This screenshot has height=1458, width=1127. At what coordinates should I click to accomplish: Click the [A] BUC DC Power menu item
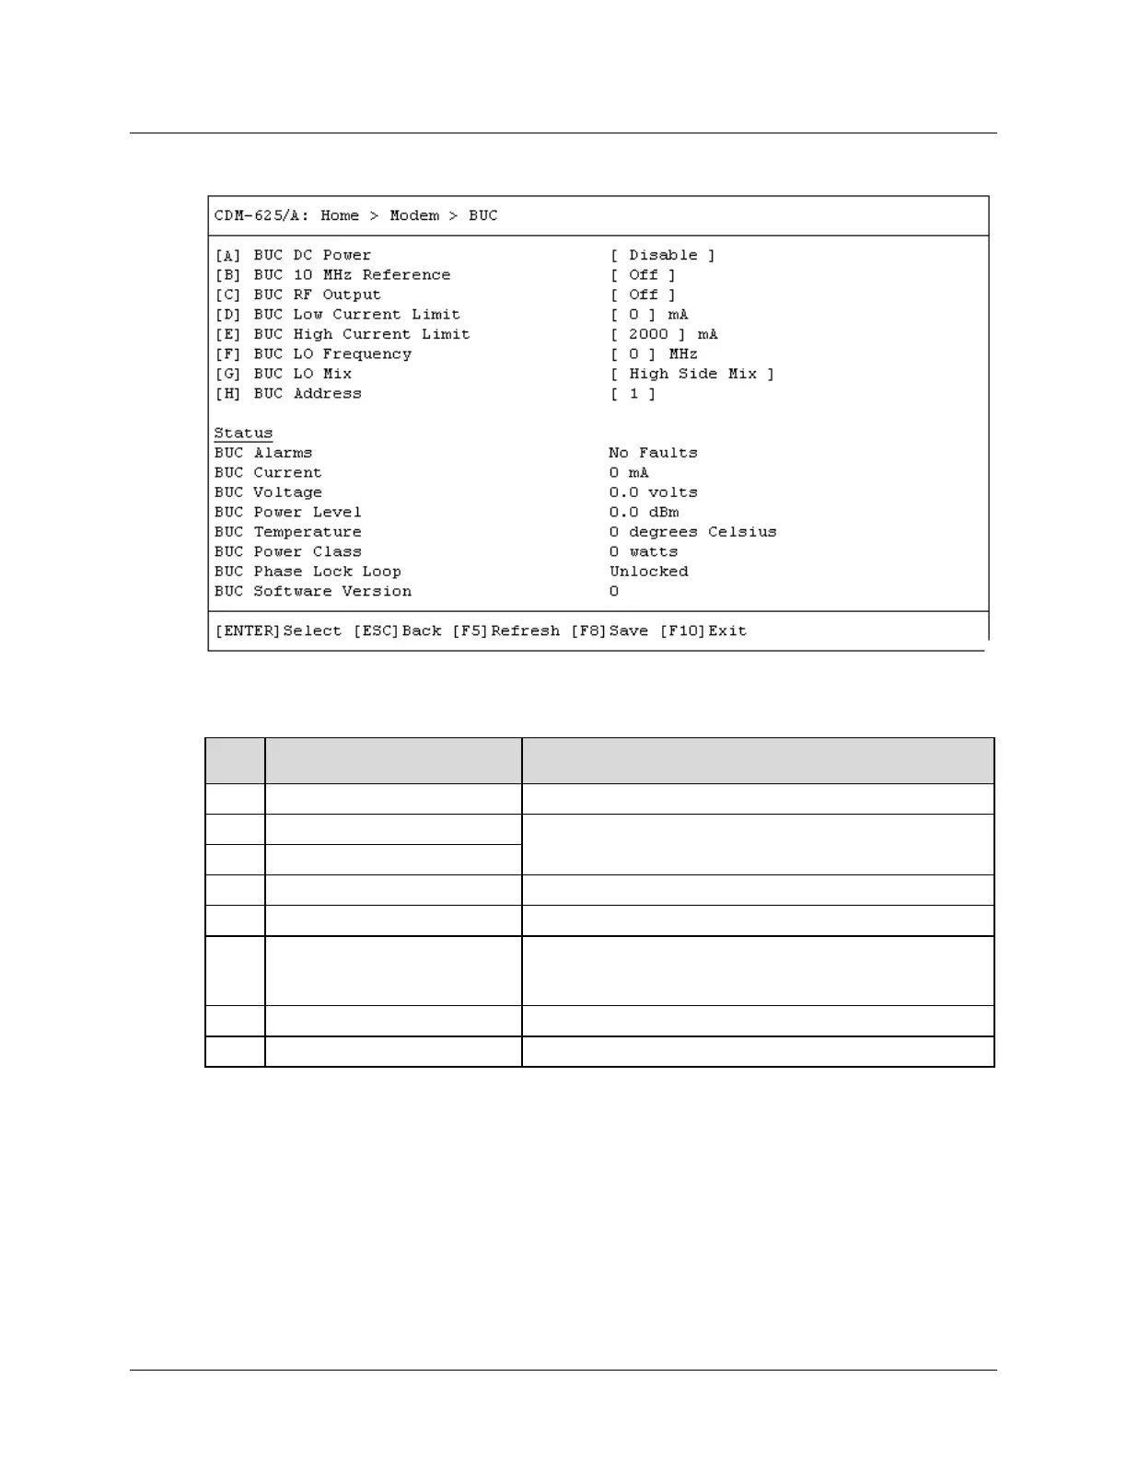(293, 255)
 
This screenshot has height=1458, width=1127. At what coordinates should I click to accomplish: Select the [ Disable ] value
(662, 255)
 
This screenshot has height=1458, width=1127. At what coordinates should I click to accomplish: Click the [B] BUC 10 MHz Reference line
(332, 274)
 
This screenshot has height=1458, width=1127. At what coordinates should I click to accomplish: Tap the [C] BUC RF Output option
(297, 295)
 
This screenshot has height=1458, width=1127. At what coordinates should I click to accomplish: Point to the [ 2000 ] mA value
(663, 334)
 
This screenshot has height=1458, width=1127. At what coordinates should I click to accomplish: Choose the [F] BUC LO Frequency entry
(313, 353)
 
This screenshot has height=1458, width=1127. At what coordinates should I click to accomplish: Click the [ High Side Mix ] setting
(691, 374)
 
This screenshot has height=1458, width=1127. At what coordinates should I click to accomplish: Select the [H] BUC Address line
(288, 393)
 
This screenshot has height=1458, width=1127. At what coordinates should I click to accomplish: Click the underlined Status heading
(243, 433)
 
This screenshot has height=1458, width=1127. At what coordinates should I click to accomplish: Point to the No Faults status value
(653, 453)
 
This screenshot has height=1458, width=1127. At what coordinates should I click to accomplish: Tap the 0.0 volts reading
(653, 492)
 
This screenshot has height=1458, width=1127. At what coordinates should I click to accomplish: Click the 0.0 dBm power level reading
(644, 512)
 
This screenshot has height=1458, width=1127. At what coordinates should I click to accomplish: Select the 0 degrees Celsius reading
(692, 532)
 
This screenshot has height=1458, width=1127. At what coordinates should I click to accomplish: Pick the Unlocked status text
(648, 572)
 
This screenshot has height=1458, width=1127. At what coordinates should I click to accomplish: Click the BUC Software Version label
(313, 591)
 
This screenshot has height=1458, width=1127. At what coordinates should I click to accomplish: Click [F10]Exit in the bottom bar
(703, 631)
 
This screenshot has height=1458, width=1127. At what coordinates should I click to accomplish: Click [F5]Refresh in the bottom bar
(505, 631)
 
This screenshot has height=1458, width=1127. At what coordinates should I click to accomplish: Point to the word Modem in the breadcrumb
(414, 215)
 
